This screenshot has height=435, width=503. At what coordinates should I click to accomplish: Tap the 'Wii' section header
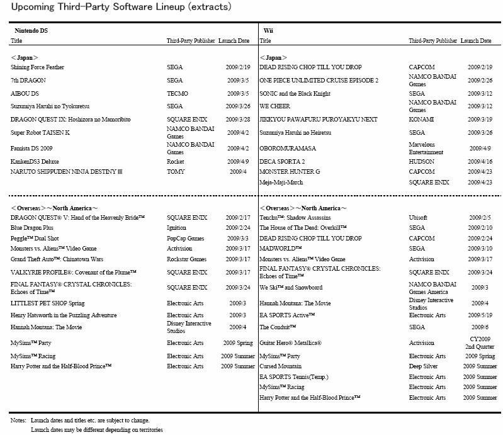click(268, 30)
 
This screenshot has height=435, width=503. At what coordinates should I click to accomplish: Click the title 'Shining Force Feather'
click(37, 67)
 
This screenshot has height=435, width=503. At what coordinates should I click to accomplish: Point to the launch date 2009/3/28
click(237, 120)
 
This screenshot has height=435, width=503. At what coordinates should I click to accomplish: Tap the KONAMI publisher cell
click(421, 120)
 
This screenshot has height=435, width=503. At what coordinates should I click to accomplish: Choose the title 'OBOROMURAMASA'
click(288, 149)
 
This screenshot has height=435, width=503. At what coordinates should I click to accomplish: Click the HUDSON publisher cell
click(422, 161)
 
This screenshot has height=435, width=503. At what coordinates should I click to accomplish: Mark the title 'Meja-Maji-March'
click(281, 183)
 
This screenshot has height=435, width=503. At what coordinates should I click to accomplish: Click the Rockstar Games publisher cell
click(186, 259)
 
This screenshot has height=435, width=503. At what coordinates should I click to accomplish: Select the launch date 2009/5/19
click(479, 315)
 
